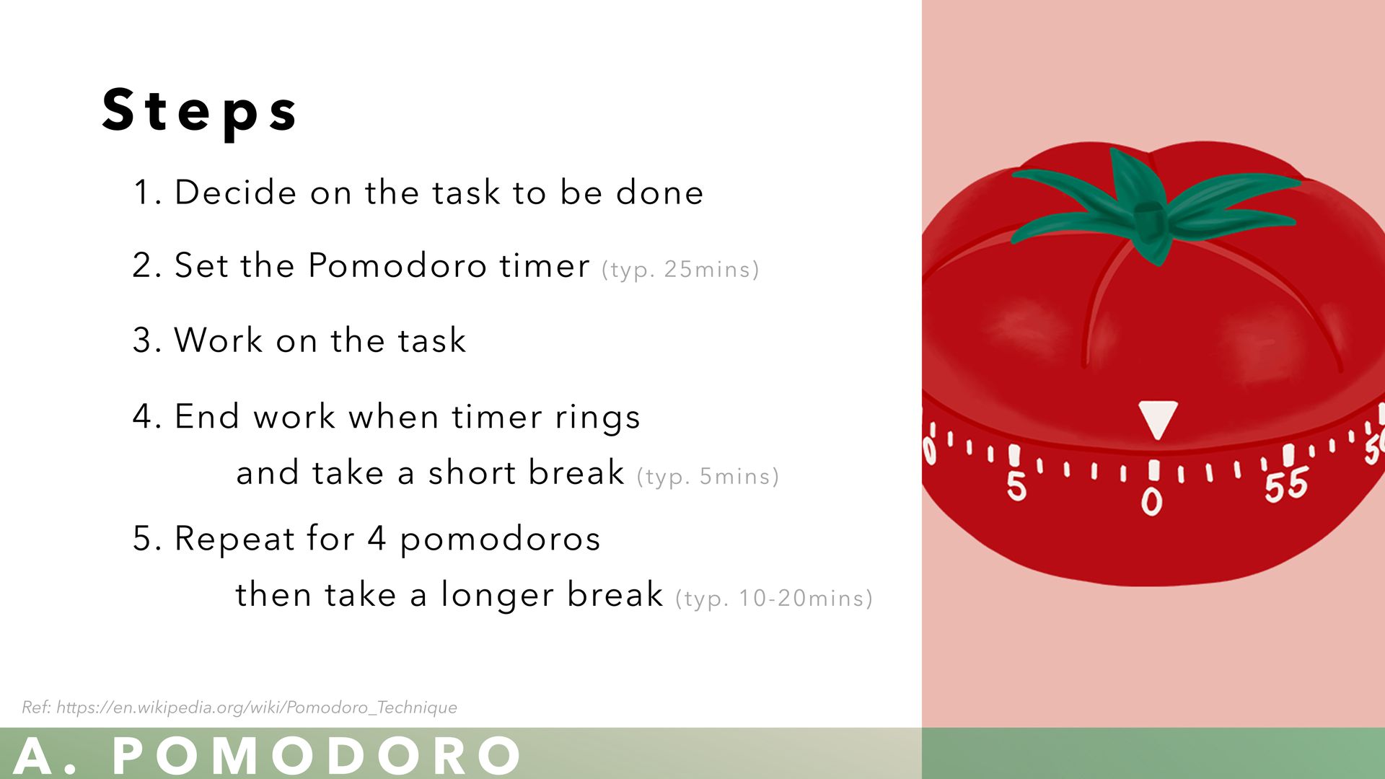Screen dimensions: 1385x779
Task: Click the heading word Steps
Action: tap(200, 111)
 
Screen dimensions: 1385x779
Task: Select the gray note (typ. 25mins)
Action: tap(680, 270)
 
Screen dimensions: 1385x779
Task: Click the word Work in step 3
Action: tap(219, 340)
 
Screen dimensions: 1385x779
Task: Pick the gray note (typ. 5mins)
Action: tap(708, 477)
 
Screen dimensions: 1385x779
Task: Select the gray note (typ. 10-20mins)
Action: tap(774, 599)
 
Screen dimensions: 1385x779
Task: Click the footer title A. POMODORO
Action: tap(267, 756)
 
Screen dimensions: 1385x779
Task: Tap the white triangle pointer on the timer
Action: tap(1158, 418)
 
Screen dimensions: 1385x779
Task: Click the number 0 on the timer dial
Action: tap(1152, 501)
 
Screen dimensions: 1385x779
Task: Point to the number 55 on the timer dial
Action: tap(1286, 485)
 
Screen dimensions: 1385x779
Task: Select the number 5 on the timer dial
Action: tap(1016, 485)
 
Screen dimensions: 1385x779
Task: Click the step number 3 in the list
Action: tap(142, 340)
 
